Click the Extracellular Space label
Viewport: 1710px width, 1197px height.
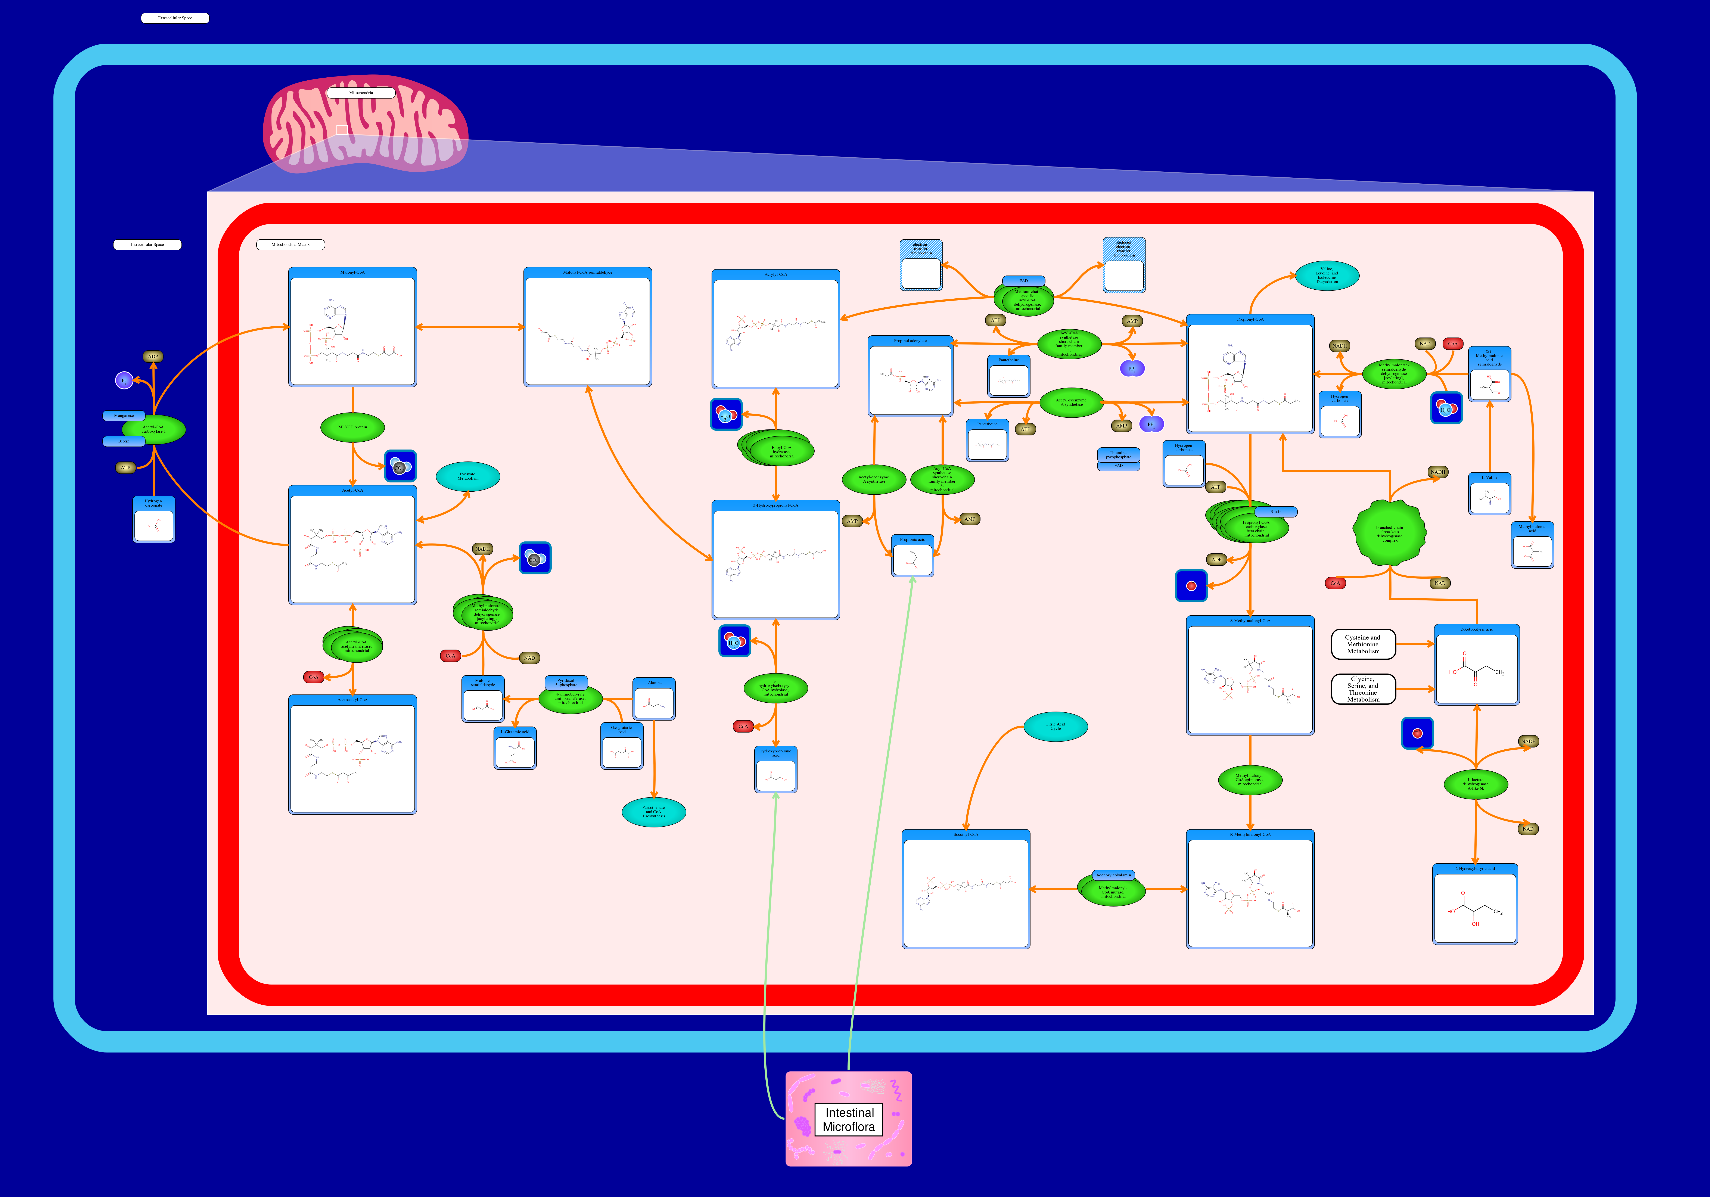click(x=175, y=18)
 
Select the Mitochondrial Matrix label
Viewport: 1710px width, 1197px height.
click(x=290, y=244)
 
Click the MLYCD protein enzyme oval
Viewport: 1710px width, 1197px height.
click(x=352, y=427)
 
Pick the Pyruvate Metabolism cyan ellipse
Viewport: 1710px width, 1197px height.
click(x=468, y=476)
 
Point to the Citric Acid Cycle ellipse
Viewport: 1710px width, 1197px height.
click(x=1055, y=726)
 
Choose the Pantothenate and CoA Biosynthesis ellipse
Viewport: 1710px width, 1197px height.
click(x=654, y=812)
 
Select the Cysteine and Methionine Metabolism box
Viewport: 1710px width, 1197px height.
click(x=1363, y=644)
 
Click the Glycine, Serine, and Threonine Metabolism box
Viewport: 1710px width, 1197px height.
click(x=1363, y=689)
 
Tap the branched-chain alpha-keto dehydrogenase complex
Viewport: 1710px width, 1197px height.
click(x=1390, y=533)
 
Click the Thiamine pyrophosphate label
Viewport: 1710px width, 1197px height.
click(x=1119, y=454)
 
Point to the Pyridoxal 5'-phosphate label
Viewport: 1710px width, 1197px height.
click(x=566, y=682)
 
